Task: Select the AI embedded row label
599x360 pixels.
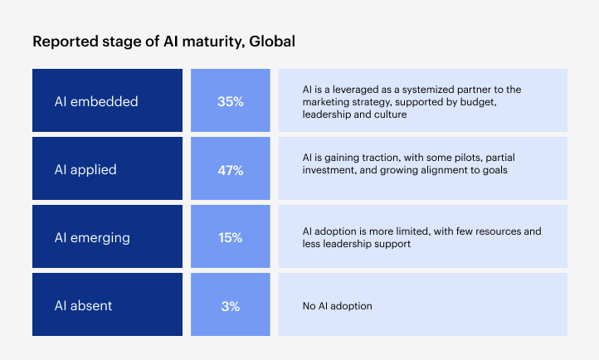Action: [x=96, y=102]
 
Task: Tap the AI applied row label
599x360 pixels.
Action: [x=85, y=170]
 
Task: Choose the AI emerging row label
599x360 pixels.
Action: [x=93, y=238]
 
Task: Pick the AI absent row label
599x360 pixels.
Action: [x=83, y=306]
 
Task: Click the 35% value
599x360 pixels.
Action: [x=230, y=102]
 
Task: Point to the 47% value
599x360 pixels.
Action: [x=230, y=170]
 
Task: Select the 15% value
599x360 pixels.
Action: [x=230, y=238]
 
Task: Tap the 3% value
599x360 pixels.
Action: [x=230, y=306]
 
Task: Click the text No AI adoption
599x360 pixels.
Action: [x=338, y=306]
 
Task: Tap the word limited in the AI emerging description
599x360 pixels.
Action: [x=412, y=231]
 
